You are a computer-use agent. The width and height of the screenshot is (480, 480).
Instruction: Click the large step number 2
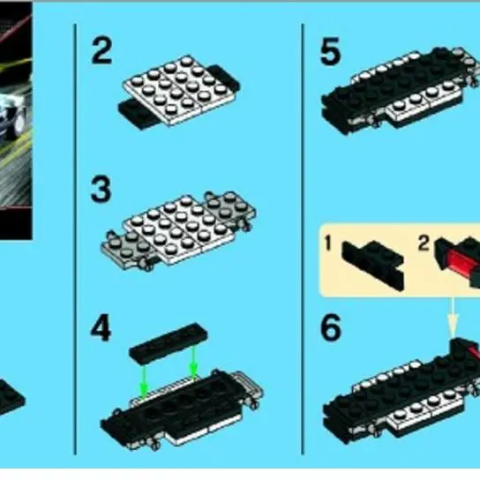(102, 50)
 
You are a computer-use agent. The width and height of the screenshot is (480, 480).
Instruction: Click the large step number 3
(101, 189)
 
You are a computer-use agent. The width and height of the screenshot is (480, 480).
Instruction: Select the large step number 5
(330, 51)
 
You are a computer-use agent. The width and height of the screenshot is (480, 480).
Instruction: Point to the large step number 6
(331, 328)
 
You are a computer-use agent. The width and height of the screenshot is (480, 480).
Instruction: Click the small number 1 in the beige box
(328, 244)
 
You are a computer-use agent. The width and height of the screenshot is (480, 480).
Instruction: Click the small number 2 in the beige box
(424, 244)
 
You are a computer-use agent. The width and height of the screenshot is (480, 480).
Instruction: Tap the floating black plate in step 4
(169, 342)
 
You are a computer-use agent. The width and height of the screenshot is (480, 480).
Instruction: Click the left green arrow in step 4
(143, 379)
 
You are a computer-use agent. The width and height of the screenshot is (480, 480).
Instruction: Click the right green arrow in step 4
(193, 361)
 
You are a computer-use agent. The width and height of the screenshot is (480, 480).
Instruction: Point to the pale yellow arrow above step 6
(453, 317)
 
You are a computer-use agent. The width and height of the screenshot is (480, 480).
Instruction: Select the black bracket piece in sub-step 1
(372, 264)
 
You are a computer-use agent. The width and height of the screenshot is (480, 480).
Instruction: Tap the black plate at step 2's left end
(135, 113)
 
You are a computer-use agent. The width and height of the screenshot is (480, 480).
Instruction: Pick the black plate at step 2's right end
(225, 77)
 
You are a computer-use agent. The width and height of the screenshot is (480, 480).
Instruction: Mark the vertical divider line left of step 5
(303, 239)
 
